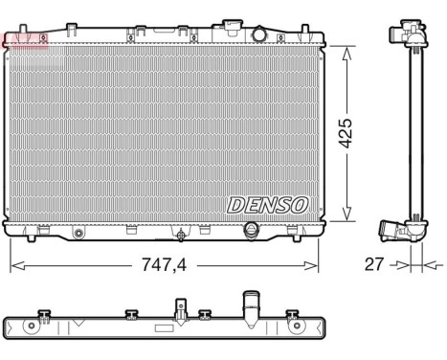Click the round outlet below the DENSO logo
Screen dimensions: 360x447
click(x=253, y=232)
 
